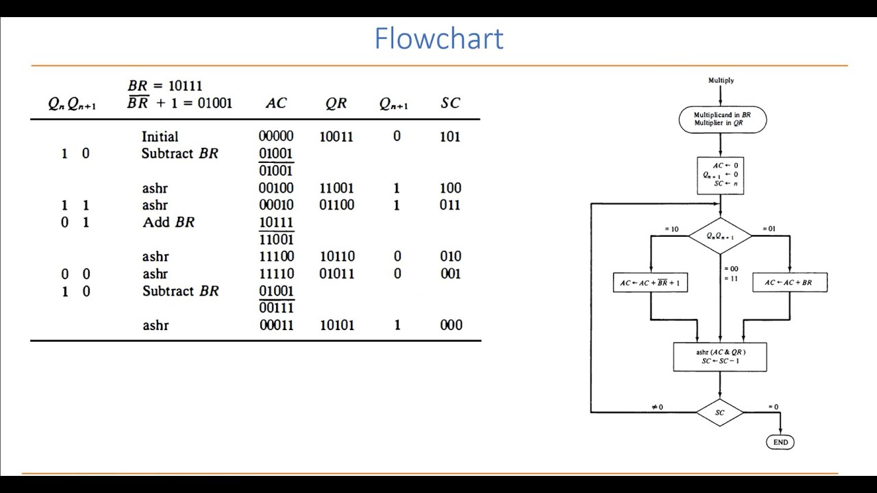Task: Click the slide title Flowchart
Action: point(438,39)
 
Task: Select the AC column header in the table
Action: point(276,103)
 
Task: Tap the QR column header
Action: point(336,103)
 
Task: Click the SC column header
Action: point(450,103)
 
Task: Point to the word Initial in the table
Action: point(160,137)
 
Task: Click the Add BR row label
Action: point(169,223)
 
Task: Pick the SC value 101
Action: point(450,137)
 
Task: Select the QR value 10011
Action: point(336,137)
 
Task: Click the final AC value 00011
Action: point(276,325)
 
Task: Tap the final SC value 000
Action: point(451,325)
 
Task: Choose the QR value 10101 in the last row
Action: point(337,325)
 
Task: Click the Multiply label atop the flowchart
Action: point(721,81)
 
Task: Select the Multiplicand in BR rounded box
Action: point(722,119)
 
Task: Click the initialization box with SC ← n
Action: point(720,175)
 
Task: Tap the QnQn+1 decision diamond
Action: point(720,236)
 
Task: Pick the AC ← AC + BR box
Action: point(789,282)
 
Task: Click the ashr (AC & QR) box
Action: point(720,357)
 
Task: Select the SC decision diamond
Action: point(720,413)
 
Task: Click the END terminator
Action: point(780,442)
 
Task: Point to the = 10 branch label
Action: point(671,229)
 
